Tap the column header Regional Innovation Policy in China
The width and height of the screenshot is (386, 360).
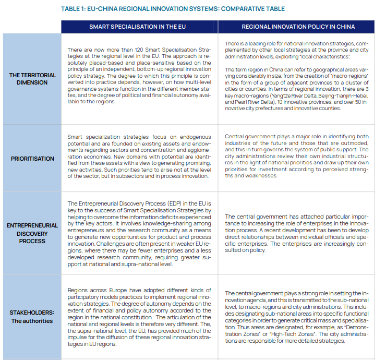298,27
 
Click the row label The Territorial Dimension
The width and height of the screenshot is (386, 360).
32,79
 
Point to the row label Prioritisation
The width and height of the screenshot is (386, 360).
32,159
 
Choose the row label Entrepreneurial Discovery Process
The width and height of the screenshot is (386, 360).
32,233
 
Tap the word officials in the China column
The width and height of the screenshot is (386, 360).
337,237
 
